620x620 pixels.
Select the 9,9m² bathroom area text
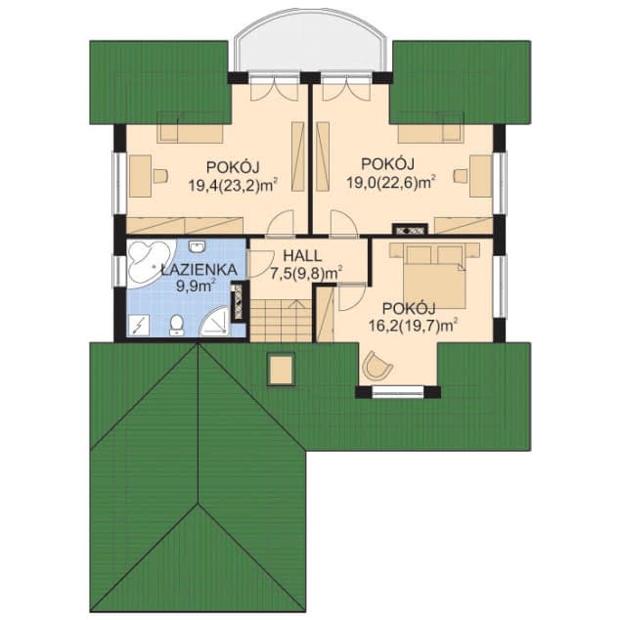click(x=196, y=288)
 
